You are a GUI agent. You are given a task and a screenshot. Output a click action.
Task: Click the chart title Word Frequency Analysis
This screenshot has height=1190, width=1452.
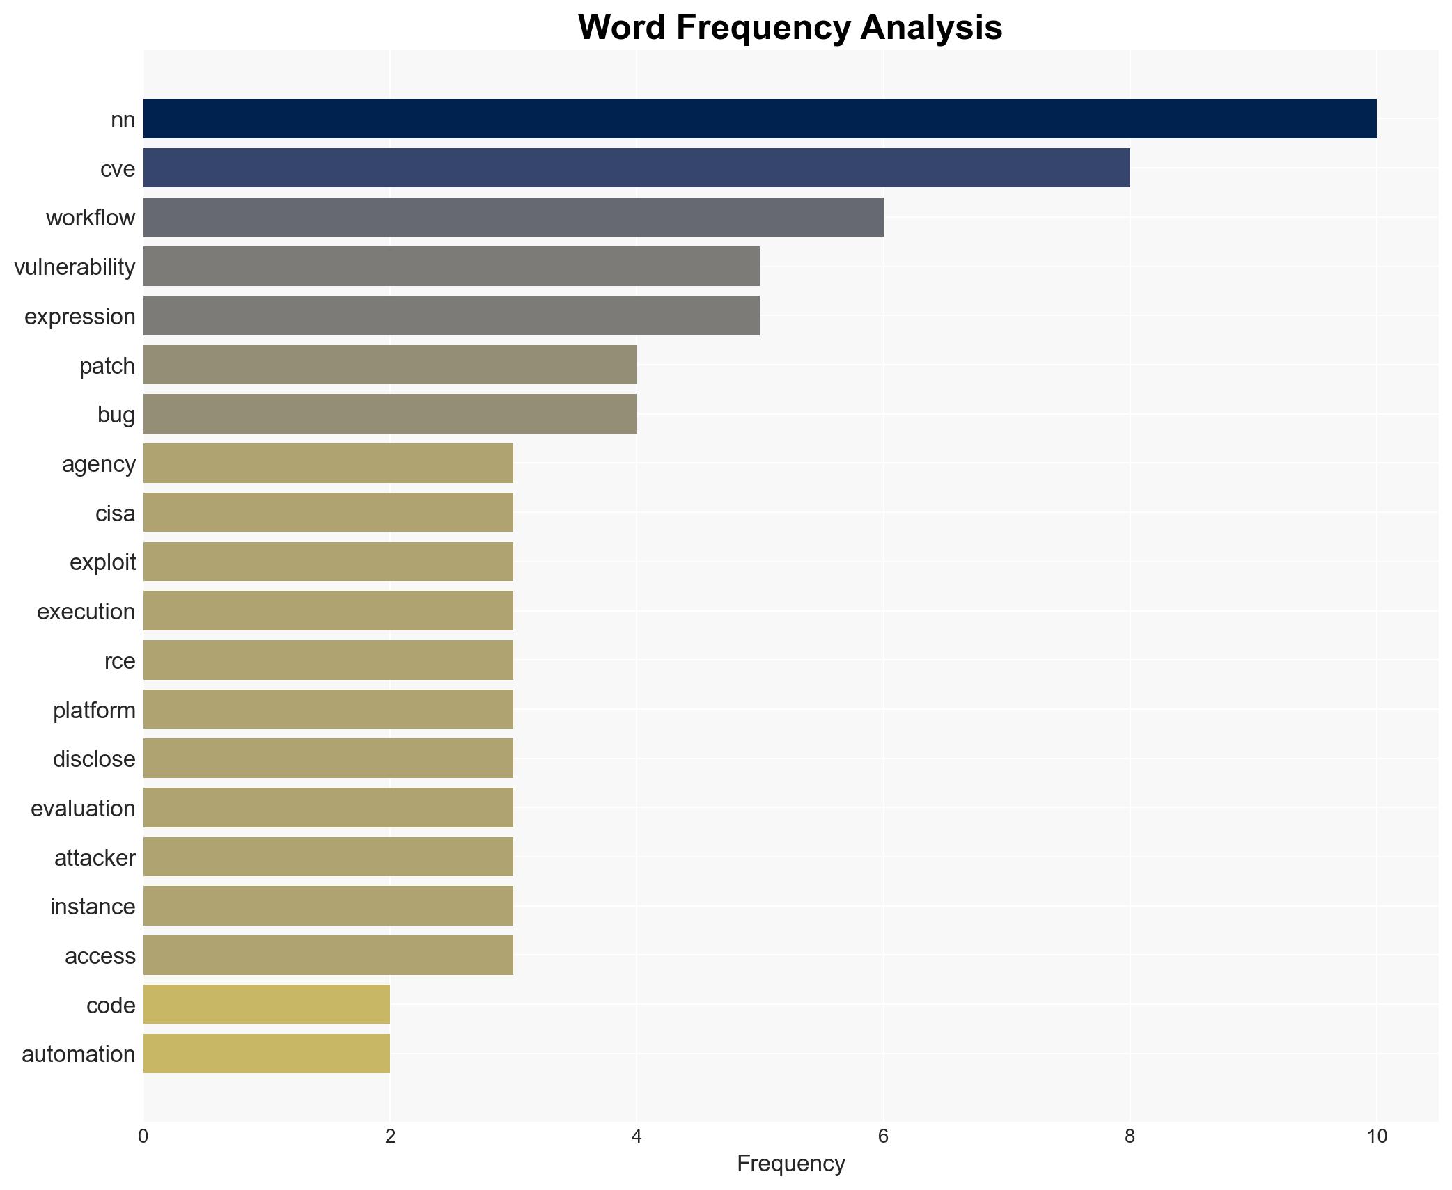point(790,28)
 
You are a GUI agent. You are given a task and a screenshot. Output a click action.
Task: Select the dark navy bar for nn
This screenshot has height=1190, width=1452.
point(759,119)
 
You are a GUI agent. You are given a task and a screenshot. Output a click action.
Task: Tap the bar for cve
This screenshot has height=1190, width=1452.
point(636,168)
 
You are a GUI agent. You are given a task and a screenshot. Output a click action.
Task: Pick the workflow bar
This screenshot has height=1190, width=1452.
point(513,217)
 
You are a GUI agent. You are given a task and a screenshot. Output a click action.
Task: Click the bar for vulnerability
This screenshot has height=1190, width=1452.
point(451,267)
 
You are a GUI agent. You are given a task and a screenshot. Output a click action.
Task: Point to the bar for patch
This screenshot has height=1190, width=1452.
point(389,365)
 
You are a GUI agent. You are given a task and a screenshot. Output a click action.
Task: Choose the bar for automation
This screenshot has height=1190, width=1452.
point(266,1054)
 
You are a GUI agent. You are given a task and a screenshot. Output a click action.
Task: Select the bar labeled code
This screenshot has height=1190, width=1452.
point(266,1004)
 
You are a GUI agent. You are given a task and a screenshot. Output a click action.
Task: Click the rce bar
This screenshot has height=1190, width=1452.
point(328,660)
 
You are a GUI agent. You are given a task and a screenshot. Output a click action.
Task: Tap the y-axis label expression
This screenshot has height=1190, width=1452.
point(79,316)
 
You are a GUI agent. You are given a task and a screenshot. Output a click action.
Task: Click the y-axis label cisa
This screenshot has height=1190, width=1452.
point(115,513)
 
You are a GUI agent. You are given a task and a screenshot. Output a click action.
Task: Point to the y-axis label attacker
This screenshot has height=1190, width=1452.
point(95,857)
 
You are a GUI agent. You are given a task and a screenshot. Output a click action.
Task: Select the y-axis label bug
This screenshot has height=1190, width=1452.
point(116,414)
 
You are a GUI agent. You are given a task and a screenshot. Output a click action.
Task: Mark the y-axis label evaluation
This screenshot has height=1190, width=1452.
point(83,808)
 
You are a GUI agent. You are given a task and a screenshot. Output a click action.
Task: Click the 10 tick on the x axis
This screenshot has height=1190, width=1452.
point(1376,1136)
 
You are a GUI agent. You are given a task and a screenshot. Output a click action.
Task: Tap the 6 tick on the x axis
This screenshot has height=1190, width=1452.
point(883,1136)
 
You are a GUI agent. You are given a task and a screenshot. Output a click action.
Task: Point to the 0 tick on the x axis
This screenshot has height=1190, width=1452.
point(143,1136)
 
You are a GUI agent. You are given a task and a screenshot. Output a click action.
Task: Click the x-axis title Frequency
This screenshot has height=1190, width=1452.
point(790,1163)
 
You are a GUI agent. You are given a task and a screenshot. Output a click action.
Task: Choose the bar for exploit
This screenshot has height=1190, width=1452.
point(328,562)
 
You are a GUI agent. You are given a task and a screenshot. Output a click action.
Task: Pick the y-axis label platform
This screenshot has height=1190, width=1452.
point(94,710)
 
